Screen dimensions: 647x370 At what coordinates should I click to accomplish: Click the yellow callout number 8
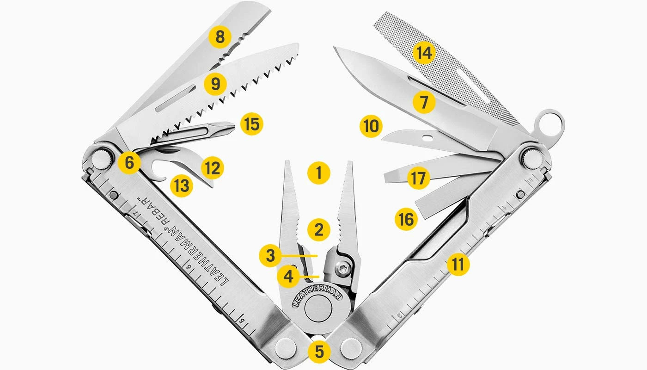pos(220,37)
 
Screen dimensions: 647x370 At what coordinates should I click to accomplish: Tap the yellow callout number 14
pos(424,53)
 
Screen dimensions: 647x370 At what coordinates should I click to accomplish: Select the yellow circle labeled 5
pos(319,352)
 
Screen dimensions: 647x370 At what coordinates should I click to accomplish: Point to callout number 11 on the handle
pos(458,264)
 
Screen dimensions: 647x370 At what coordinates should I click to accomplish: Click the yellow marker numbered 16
pos(406,219)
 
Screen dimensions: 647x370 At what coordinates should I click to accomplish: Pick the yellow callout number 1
pos(319,173)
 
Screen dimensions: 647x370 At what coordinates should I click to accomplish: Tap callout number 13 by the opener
pos(181,185)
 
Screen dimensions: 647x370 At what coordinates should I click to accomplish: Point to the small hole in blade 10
pos(429,137)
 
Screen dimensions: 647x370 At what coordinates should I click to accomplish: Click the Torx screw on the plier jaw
pos(343,269)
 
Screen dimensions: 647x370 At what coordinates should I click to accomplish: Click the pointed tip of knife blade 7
pos(335,48)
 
